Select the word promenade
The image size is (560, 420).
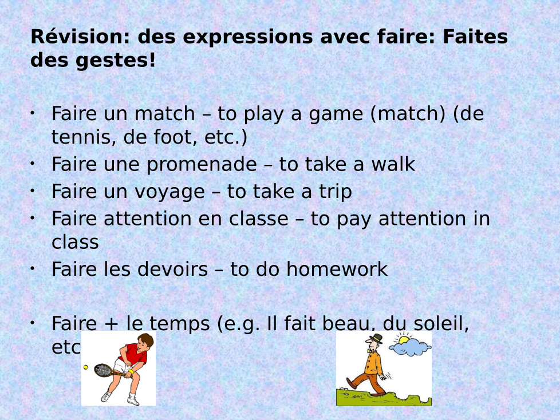tap(202, 164)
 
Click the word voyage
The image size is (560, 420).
tap(169, 192)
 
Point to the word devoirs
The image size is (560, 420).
tap(172, 269)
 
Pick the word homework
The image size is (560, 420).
tap(337, 269)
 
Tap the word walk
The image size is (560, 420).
tap(393, 164)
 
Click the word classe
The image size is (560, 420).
tap(259, 219)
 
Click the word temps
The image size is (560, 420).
tap(179, 324)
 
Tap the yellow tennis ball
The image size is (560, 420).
tap(86, 367)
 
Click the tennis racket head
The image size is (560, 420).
tap(104, 370)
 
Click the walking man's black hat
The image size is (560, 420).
tap(377, 338)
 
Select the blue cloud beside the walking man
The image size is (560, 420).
tap(410, 347)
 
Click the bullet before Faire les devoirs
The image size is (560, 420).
tap(33, 268)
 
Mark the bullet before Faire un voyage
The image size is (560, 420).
tap(33, 191)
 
